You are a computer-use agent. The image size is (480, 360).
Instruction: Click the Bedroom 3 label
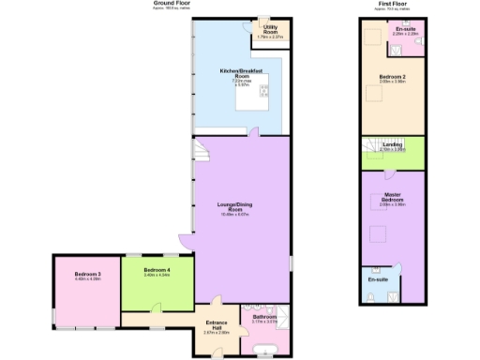pos(87,276)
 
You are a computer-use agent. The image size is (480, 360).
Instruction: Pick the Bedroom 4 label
pos(157,273)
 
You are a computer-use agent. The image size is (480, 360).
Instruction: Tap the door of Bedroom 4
pos(158,308)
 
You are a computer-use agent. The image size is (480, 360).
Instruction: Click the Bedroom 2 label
pos(392,79)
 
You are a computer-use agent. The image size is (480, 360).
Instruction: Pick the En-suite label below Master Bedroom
pos(378,279)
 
